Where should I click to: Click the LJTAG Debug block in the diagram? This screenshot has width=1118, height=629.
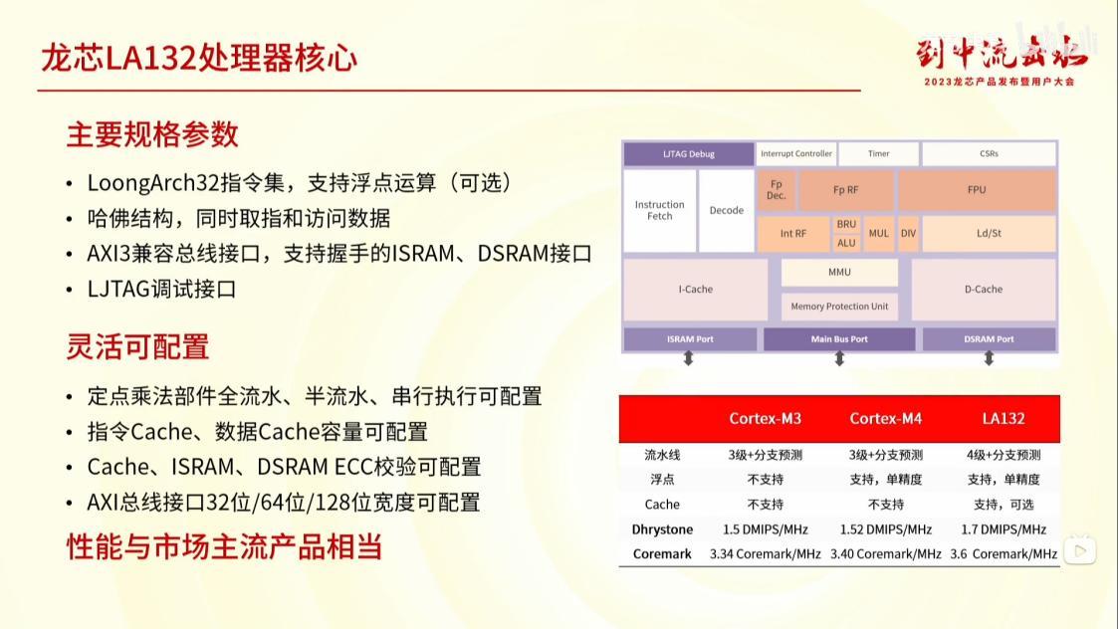689,154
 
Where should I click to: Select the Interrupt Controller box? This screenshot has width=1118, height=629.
795,154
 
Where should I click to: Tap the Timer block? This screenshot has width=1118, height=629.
878,154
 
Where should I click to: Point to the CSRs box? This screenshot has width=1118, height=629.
988,154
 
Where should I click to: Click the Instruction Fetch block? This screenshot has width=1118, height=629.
660,210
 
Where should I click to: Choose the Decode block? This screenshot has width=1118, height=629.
727,210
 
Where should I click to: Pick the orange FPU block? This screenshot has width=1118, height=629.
977,189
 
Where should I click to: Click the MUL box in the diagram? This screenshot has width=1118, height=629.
878,234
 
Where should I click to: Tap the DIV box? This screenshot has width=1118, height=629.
908,234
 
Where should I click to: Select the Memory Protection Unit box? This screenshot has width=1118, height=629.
839,307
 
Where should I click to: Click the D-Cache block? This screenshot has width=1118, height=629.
984,290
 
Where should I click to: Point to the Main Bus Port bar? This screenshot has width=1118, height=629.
839,339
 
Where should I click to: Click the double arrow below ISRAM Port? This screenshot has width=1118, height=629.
688,359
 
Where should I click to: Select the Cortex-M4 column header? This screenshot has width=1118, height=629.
886,419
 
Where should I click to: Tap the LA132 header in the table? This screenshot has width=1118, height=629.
1003,419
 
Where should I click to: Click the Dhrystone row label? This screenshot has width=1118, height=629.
662,529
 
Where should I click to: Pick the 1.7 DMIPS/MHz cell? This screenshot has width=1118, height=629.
1004,529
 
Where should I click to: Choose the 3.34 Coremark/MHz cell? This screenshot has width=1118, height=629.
765,554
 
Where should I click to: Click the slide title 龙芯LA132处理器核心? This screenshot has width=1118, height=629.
199,58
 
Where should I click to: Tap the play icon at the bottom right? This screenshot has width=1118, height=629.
1081,550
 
